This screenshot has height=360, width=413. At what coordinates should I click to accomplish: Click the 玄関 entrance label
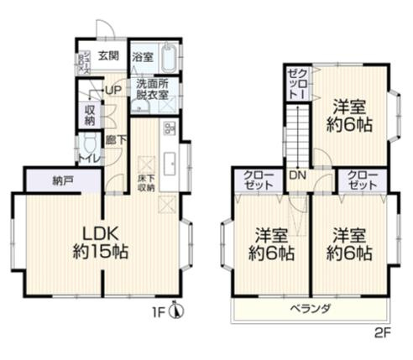coord(107,57)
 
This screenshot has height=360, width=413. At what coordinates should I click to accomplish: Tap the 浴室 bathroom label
coord(143,57)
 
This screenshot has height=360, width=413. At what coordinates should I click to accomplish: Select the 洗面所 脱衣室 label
coord(153,89)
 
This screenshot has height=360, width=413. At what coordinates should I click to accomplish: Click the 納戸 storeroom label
coord(60,180)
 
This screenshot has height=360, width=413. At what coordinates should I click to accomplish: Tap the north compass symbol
coord(175,312)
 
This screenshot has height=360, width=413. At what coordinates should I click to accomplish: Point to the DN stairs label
coord(296,175)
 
